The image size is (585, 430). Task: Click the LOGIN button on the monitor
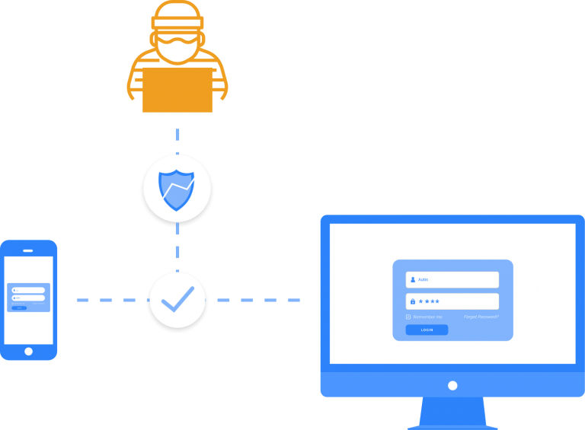[x=427, y=330]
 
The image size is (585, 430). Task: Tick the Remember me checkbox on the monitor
[x=408, y=317]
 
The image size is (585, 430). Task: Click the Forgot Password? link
[x=481, y=317]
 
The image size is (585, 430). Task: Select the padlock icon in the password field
[x=413, y=301]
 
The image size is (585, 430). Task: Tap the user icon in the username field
[x=413, y=279]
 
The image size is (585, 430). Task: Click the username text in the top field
[x=424, y=279]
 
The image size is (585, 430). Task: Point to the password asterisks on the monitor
[x=429, y=301]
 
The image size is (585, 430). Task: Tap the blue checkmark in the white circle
[x=177, y=300]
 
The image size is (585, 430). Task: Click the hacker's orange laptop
[x=177, y=90]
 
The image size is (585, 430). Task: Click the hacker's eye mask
[x=177, y=37]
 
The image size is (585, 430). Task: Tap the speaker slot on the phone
[x=29, y=249]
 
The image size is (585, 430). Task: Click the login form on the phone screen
[x=29, y=297]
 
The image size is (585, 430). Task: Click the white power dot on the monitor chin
[x=452, y=385]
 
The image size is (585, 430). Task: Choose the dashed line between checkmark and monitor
[x=255, y=300]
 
